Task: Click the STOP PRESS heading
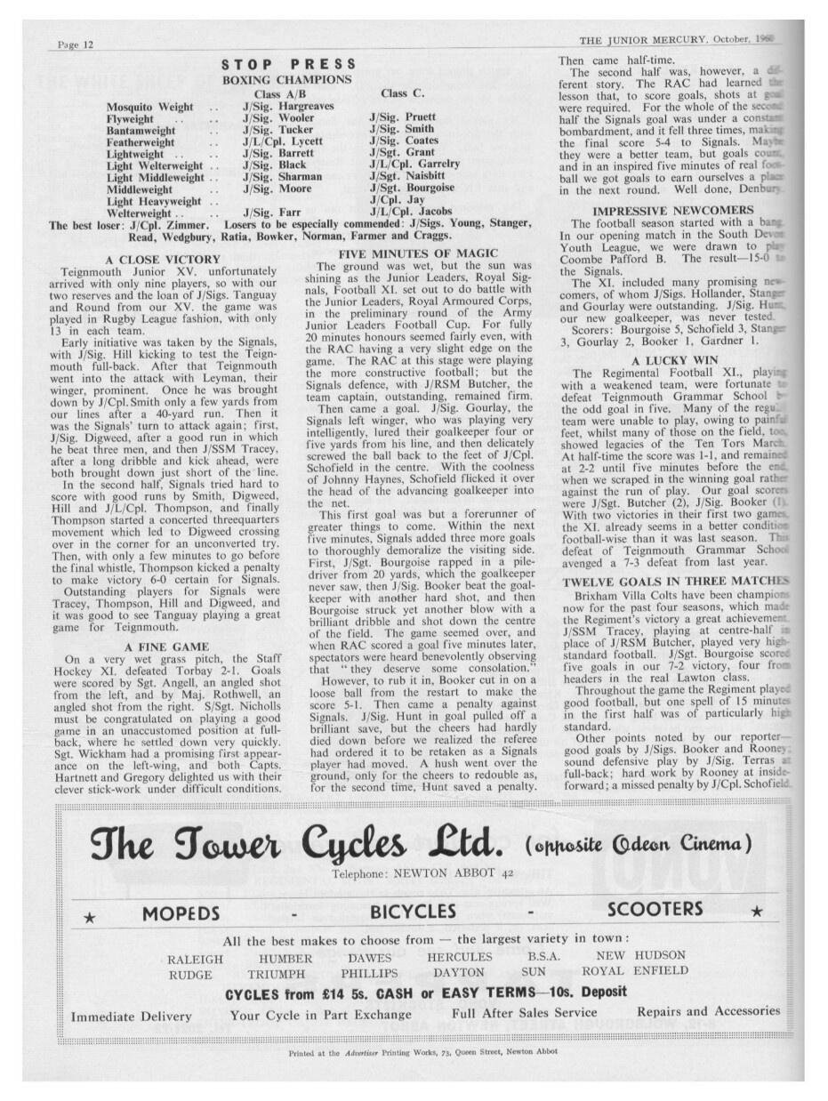(x=288, y=64)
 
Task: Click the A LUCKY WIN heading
(x=662, y=360)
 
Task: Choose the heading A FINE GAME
(x=167, y=646)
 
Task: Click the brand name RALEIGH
(x=195, y=959)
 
